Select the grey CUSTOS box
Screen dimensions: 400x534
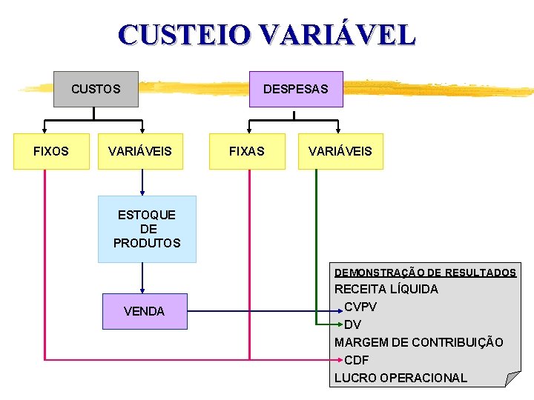tap(96, 89)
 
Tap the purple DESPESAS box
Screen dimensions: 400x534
tap(295, 89)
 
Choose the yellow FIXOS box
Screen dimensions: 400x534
tap(51, 151)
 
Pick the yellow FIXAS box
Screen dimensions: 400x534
tap(247, 151)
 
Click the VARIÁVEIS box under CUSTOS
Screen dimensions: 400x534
tap(140, 151)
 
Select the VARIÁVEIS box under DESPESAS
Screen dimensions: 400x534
tap(340, 151)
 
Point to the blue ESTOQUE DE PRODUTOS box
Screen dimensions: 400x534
tap(147, 229)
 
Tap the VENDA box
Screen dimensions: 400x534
tap(145, 311)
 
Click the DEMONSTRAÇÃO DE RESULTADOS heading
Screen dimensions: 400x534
tap(425, 273)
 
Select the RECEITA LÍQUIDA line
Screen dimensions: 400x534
tap(386, 289)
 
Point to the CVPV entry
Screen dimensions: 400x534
tap(360, 307)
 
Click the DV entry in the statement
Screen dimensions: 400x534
tap(353, 324)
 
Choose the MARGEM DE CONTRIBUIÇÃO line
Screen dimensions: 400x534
tap(419, 342)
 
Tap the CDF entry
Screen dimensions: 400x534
tap(357, 360)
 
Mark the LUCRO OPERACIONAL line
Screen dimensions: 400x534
tap(400, 378)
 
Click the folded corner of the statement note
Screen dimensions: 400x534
tap(512, 379)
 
